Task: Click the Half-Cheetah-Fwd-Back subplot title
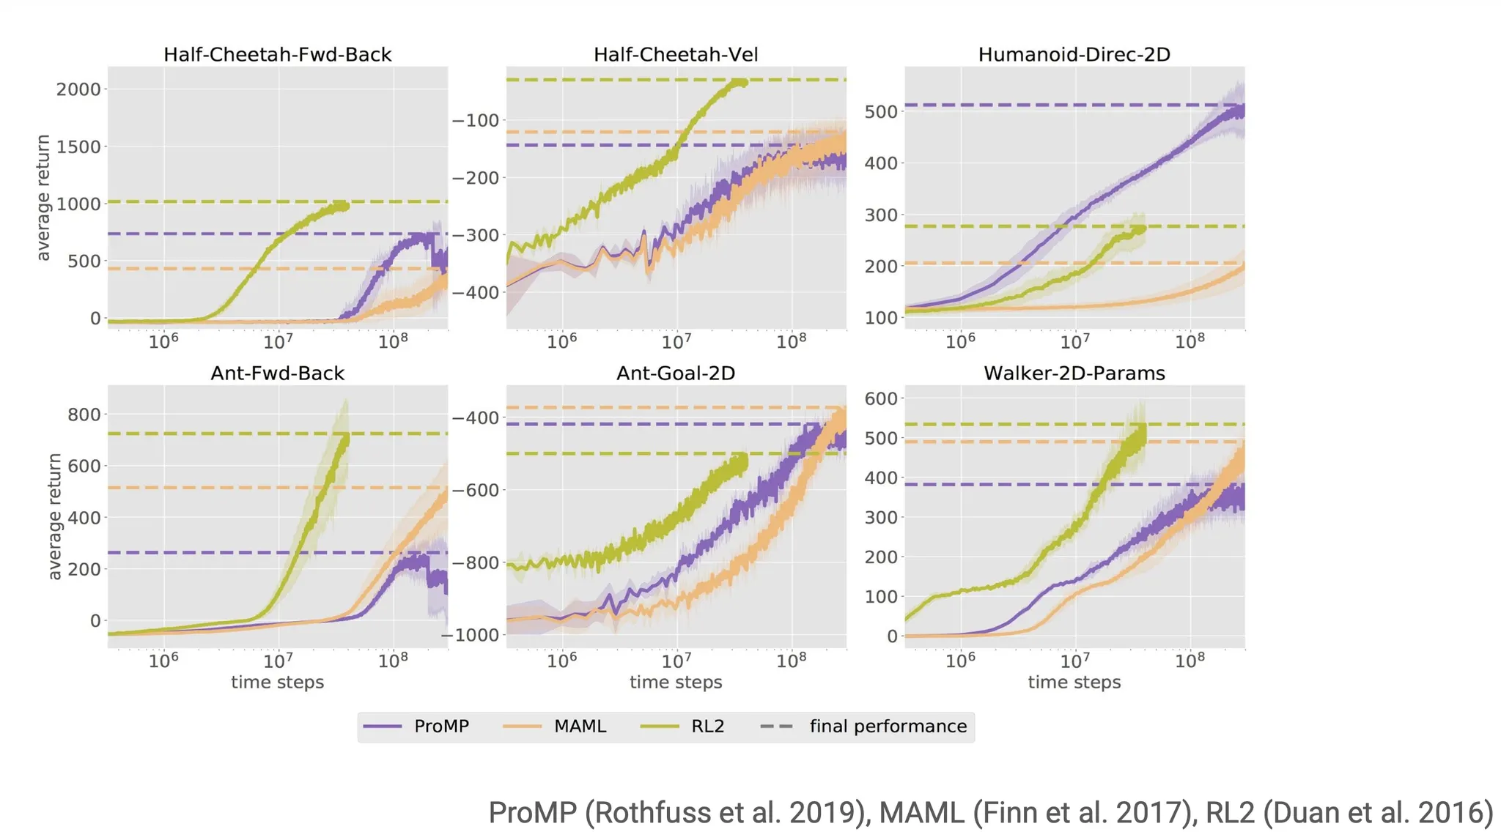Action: coord(277,55)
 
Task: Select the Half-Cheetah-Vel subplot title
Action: coord(676,55)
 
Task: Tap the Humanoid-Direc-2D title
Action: coord(1074,55)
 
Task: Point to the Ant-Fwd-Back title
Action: coord(277,373)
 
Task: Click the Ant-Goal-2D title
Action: coord(676,373)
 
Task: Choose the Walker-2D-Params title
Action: coord(1074,373)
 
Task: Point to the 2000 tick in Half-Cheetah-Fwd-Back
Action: coord(78,89)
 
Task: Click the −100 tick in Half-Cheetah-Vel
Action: coord(475,121)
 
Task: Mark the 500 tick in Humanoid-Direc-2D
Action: coord(881,112)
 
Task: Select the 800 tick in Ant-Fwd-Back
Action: coord(84,415)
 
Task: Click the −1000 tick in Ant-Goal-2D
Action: coord(471,635)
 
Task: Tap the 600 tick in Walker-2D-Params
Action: coord(881,399)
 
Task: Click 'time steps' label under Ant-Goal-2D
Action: coord(676,683)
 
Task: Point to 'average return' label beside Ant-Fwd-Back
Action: coord(55,516)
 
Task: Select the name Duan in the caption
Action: coord(1302,813)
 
